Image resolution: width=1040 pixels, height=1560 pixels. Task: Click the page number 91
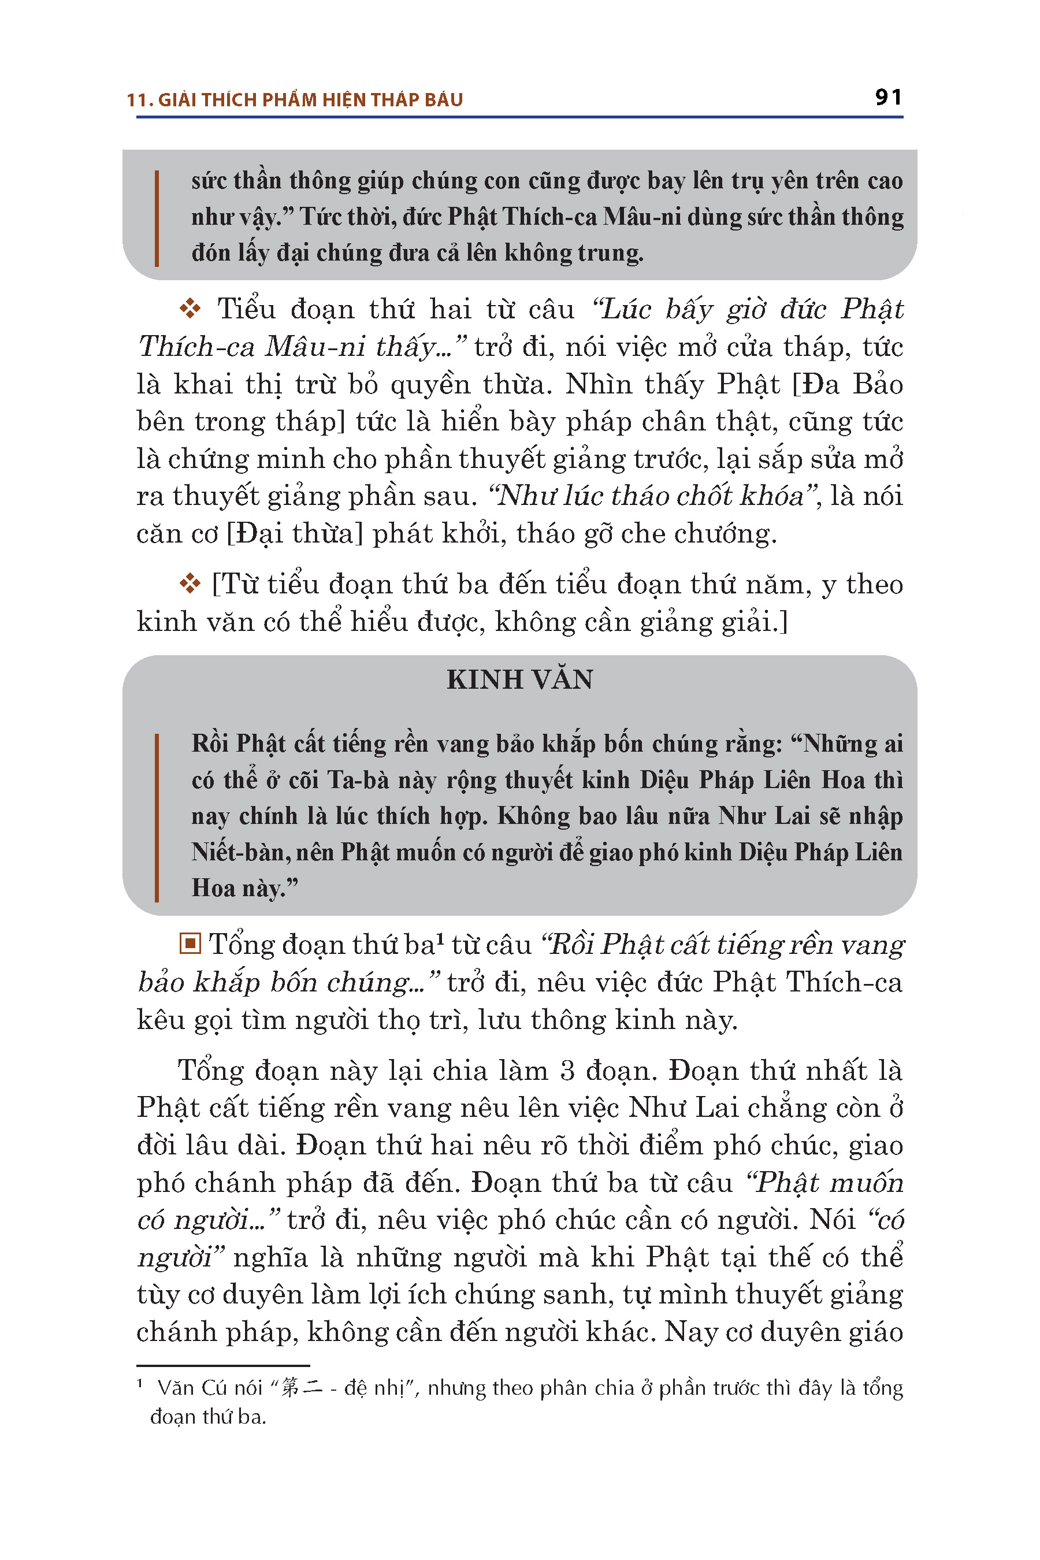click(888, 98)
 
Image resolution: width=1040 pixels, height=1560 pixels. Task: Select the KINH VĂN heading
click(519, 680)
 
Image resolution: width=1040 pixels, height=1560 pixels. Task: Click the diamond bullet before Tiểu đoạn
click(190, 309)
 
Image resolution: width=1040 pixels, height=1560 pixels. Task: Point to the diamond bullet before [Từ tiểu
click(190, 584)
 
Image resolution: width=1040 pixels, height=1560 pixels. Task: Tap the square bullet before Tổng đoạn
click(190, 942)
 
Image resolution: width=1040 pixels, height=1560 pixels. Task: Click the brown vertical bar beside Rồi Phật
click(157, 816)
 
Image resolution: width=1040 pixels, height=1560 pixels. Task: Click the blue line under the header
click(519, 117)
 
